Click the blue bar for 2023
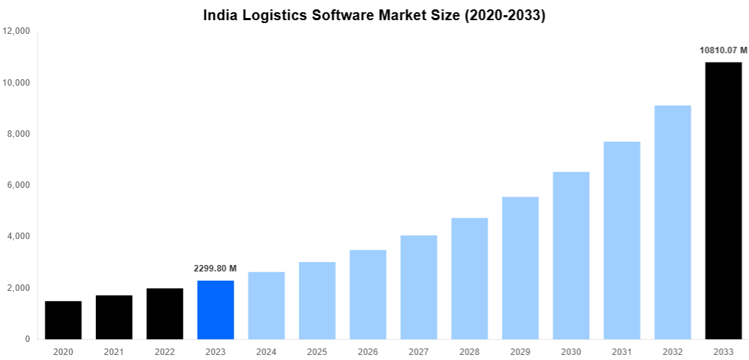coord(215,310)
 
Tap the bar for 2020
coord(63,320)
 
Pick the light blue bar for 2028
coord(470,278)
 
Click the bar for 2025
coord(317,300)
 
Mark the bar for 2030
coord(571,255)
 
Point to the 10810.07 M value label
coord(723,50)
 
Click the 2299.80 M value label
coord(215,269)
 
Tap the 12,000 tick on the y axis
coord(16,32)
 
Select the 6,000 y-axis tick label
coord(18,185)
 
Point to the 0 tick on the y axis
coord(27,339)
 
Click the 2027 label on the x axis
coord(418,351)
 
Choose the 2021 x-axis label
coord(114,351)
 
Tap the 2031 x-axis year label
coord(622,351)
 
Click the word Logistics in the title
coord(273,15)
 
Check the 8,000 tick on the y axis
coord(18,134)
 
